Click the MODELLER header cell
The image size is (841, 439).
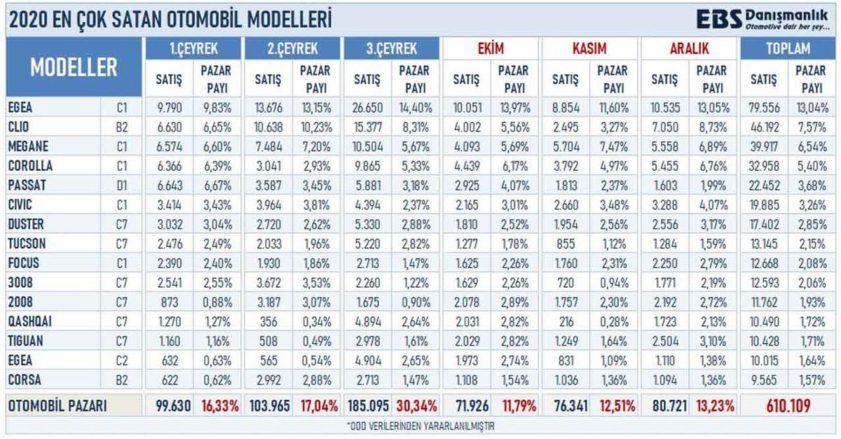coord(74,68)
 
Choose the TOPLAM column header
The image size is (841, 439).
coord(788,48)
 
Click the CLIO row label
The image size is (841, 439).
coord(22,126)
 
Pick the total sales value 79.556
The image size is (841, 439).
coord(764,108)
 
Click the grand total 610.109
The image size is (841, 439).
coord(788,406)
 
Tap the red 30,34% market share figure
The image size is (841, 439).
coord(416,406)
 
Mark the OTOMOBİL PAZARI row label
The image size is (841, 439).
coord(57,406)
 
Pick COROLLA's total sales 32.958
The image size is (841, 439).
coord(764,167)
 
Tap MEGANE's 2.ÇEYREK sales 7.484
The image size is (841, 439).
coord(268,147)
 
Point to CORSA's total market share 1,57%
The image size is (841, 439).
coord(813,379)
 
